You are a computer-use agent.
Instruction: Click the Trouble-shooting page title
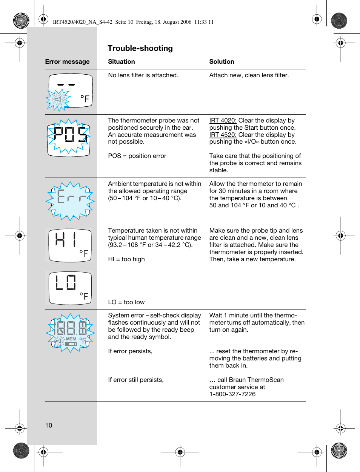coord(140,48)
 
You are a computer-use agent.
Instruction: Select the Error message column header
coord(67,62)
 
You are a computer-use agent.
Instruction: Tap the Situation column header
coord(121,62)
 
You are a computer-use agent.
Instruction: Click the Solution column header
coord(222,62)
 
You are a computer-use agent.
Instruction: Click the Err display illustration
coord(70,200)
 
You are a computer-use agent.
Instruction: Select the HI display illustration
coord(70,245)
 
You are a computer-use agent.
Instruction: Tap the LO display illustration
coord(70,288)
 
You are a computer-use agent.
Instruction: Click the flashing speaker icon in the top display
coord(58,100)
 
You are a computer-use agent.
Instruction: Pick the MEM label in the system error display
coord(71,339)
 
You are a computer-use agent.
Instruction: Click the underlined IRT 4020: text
coord(223,121)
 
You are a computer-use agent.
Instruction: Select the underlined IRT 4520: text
coord(223,135)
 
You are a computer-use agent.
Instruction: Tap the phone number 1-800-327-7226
coord(232,394)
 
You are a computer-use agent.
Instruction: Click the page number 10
coord(49,426)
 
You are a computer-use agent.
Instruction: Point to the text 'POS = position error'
coord(137,156)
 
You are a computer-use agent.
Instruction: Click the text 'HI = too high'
coord(126,259)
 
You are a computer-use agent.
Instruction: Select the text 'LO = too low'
coord(126,302)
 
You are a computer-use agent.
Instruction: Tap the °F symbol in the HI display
coord(84,253)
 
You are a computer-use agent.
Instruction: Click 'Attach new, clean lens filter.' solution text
coord(249,75)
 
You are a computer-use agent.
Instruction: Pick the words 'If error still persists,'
coord(136,380)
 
